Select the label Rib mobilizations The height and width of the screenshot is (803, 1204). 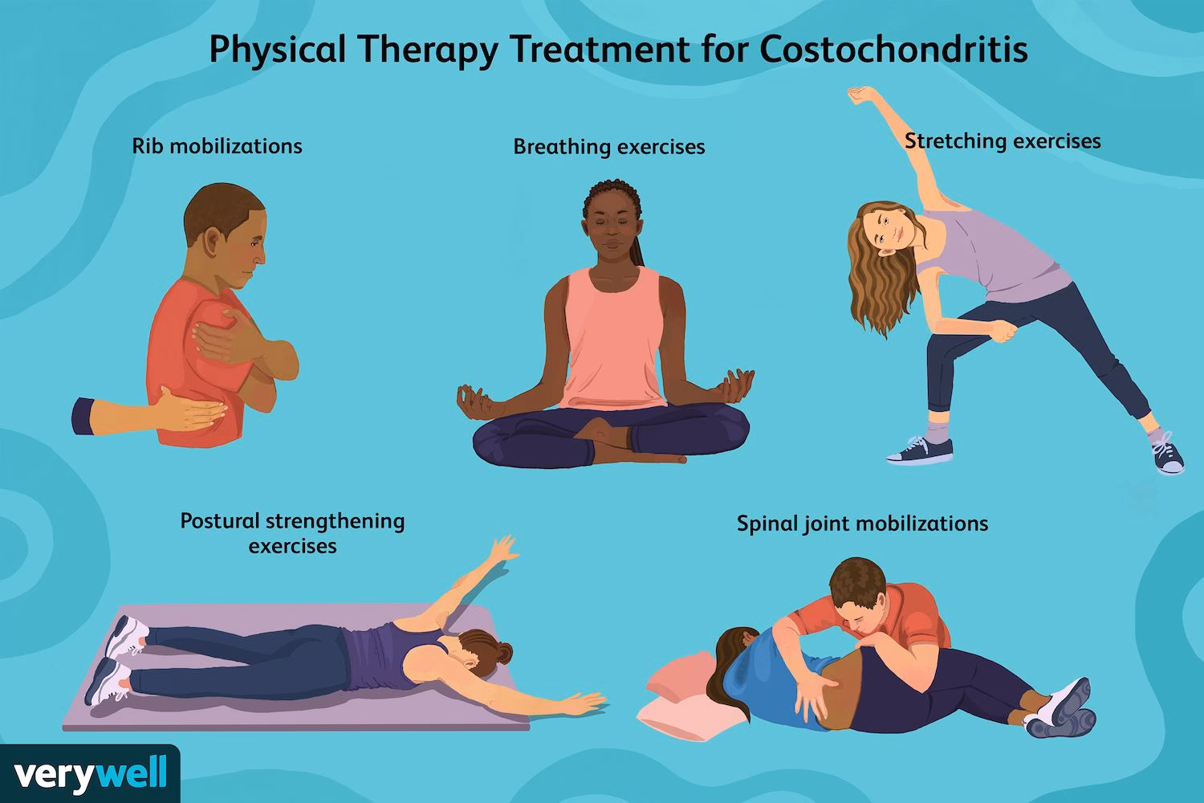coord(217,146)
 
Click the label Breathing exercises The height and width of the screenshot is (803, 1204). coord(609,147)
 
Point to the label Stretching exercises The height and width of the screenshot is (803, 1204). coord(1003,141)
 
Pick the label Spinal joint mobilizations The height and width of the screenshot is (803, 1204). coord(862,524)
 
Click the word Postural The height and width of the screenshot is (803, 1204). coord(219,521)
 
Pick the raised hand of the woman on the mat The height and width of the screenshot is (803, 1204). coord(503,550)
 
